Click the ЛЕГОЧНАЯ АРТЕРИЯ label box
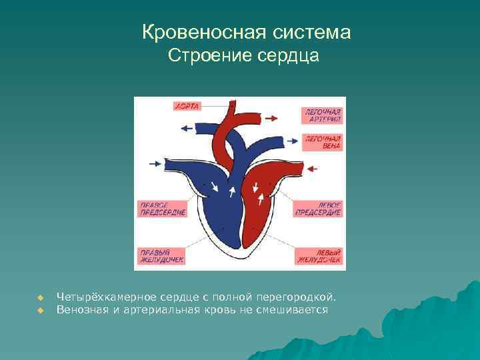322,115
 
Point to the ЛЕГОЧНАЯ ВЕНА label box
323,142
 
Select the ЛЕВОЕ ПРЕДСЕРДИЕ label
318,209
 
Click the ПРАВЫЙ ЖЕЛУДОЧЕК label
161,257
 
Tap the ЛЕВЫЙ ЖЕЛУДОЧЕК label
319,257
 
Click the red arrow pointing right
271,117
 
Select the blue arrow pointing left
187,127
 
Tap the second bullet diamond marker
40,310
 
